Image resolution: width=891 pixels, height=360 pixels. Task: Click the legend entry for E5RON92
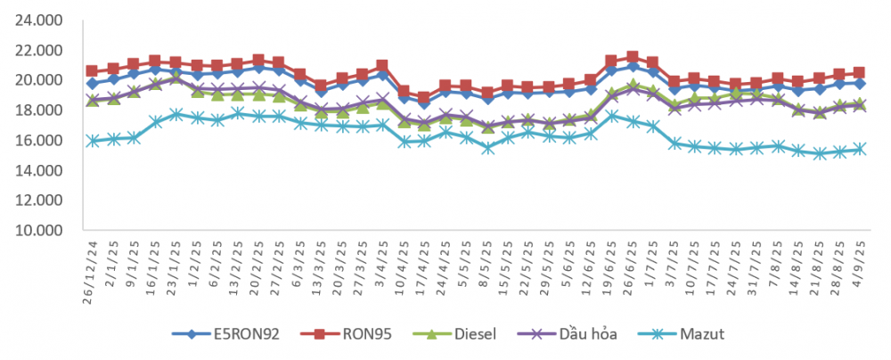point(225,334)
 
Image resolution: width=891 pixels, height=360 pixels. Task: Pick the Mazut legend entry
point(682,334)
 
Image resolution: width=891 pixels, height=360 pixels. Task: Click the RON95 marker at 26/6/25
point(633,57)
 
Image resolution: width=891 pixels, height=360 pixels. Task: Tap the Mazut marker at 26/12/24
point(93,141)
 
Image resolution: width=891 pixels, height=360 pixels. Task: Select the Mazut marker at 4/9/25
point(860,149)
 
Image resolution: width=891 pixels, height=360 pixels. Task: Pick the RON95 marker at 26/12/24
point(92,71)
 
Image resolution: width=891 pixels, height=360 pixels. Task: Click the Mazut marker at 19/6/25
point(612,116)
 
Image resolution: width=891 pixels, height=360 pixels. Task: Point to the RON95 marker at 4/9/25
point(859,73)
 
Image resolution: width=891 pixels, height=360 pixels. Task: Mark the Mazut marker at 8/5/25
point(487,148)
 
